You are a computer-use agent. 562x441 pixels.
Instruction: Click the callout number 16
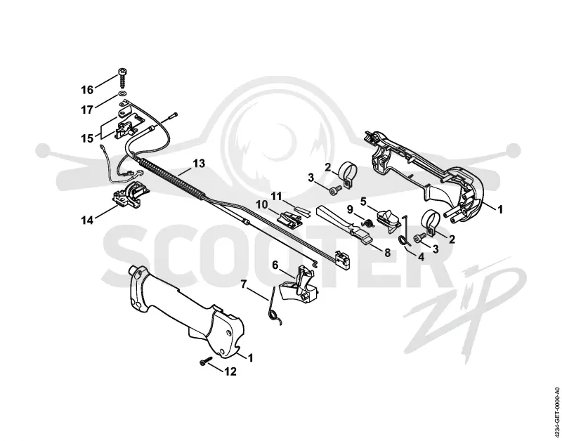(86, 90)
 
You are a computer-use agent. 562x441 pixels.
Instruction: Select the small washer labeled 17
(122, 95)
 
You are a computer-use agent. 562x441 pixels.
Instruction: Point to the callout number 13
(199, 164)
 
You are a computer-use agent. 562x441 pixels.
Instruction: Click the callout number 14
(86, 220)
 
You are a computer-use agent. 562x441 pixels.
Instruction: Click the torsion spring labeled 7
(275, 307)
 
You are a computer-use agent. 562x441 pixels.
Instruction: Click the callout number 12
(231, 371)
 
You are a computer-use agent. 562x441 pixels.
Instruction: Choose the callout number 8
(388, 253)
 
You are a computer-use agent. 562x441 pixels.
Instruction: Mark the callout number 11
(276, 196)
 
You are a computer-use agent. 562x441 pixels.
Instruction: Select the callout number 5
(363, 202)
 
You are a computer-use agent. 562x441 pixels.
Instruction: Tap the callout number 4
(421, 256)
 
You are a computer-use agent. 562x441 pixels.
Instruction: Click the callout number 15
(87, 138)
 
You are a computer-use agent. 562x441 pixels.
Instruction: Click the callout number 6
(275, 265)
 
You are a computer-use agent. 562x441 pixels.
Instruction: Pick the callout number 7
(244, 284)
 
